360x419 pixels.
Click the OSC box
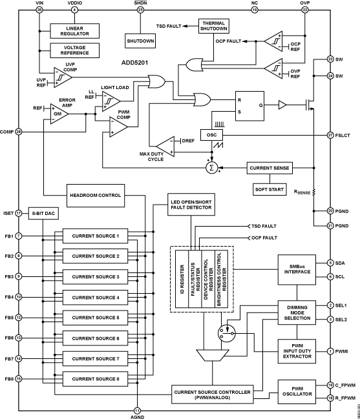[211, 135]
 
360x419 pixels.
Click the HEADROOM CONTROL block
[95, 194]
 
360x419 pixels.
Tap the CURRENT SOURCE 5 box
[96, 318]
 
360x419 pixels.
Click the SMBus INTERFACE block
[296, 269]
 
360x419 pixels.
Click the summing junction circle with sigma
[210, 168]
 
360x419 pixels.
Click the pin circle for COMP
[19, 132]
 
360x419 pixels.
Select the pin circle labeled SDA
[330, 263]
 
